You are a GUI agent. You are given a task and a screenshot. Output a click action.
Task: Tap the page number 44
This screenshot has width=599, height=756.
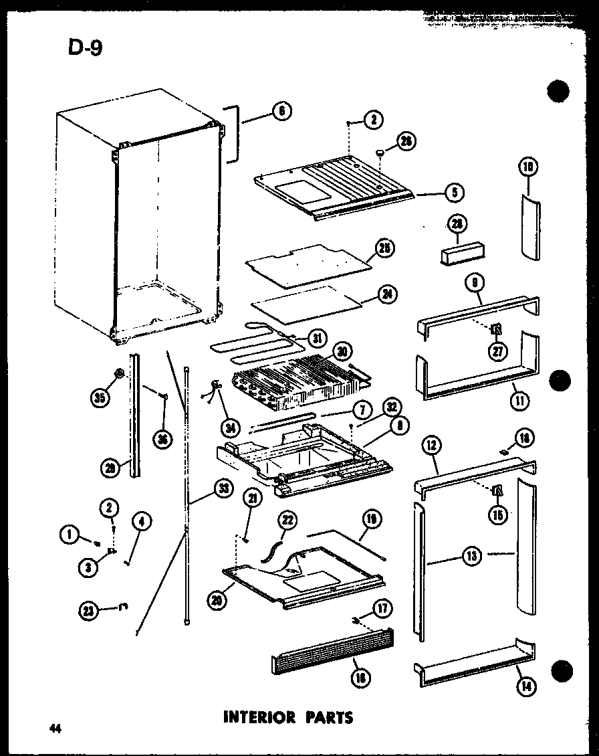54,729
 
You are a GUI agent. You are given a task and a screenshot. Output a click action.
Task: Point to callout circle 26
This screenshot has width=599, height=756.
404,140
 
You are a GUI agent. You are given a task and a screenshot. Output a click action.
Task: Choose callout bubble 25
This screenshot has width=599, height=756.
385,249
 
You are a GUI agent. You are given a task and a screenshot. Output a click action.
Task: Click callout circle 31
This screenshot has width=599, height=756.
318,339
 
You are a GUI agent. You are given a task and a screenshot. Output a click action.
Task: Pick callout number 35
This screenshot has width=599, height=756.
100,397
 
